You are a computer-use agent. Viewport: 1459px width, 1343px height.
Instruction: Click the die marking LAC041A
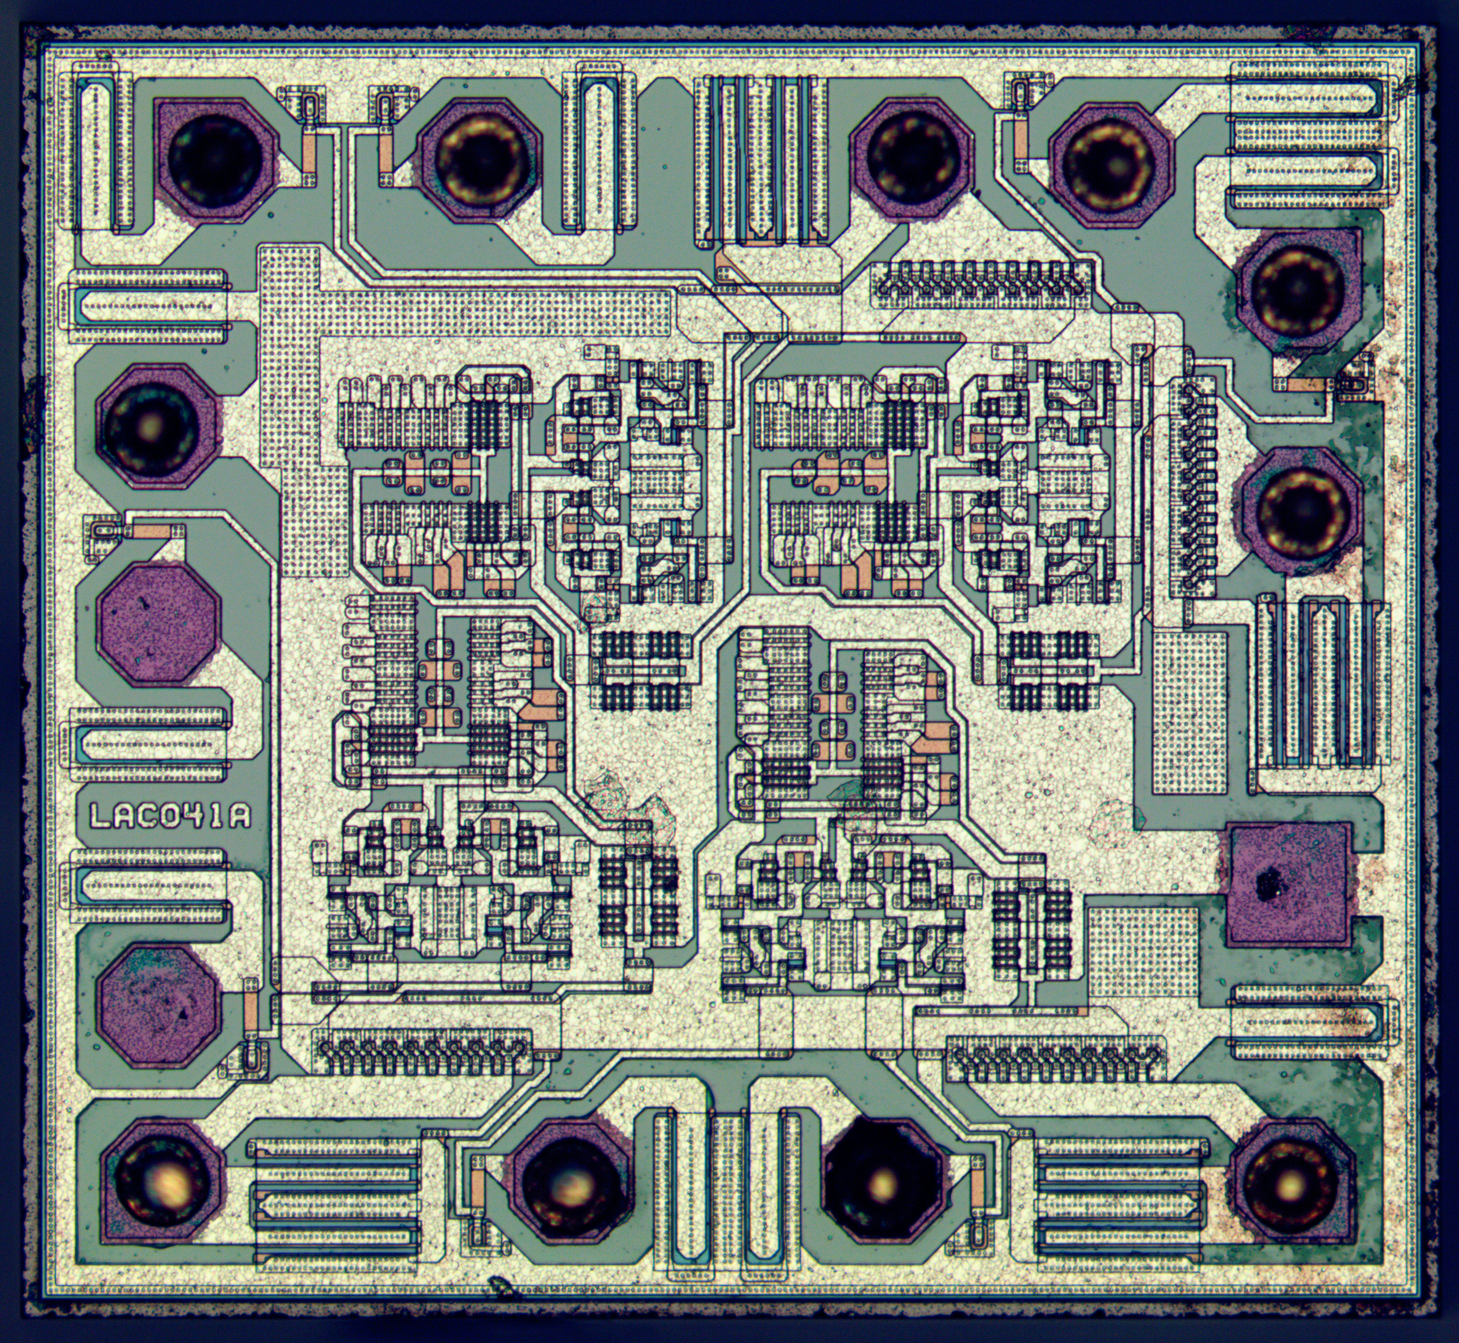click(x=170, y=815)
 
